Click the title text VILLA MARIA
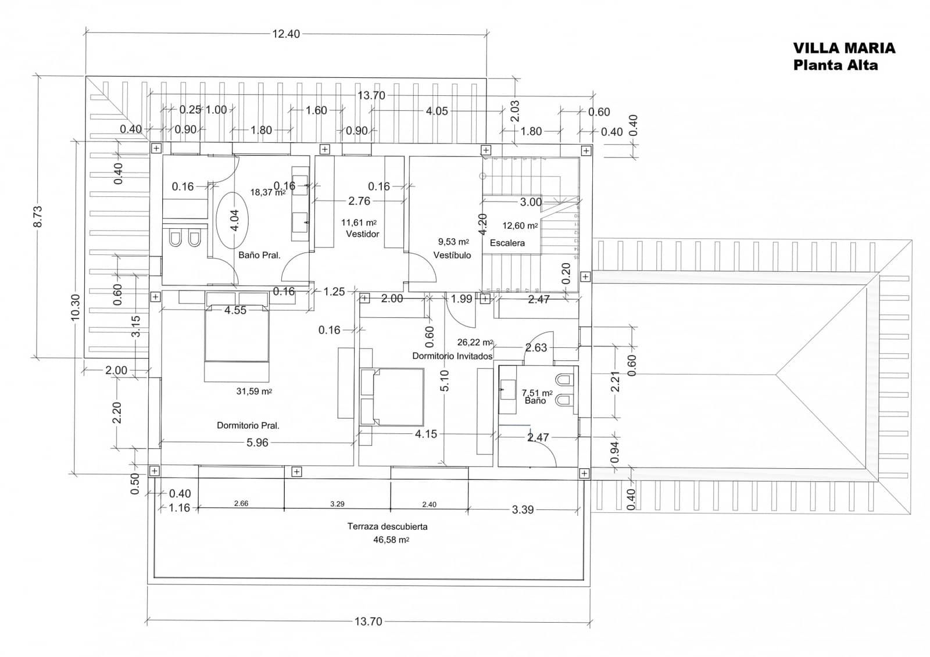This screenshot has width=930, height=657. click(x=844, y=48)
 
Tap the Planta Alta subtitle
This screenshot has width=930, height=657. click(x=835, y=65)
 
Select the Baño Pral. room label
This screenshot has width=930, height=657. click(x=259, y=255)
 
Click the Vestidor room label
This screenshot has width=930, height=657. click(x=362, y=234)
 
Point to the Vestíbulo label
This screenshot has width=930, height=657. click(x=452, y=255)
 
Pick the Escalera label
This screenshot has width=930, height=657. click(x=507, y=243)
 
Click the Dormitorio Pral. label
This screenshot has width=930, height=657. click(x=248, y=425)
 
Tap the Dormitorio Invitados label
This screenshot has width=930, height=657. click(x=452, y=356)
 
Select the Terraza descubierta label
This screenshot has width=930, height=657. click(x=387, y=526)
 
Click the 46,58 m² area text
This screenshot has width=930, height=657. click(x=391, y=540)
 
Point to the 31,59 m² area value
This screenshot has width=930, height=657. click(x=254, y=392)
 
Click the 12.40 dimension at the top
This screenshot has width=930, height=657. click(x=286, y=34)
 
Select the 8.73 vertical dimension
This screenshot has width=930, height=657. click(x=38, y=216)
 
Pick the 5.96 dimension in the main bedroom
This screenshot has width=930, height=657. click(x=257, y=443)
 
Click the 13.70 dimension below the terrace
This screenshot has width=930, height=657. click(x=369, y=622)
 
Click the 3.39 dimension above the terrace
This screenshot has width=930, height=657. click(x=523, y=509)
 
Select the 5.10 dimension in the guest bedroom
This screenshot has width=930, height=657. click(x=445, y=381)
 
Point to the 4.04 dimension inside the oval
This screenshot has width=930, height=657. click(x=234, y=220)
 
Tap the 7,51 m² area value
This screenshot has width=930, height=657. click(x=536, y=393)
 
